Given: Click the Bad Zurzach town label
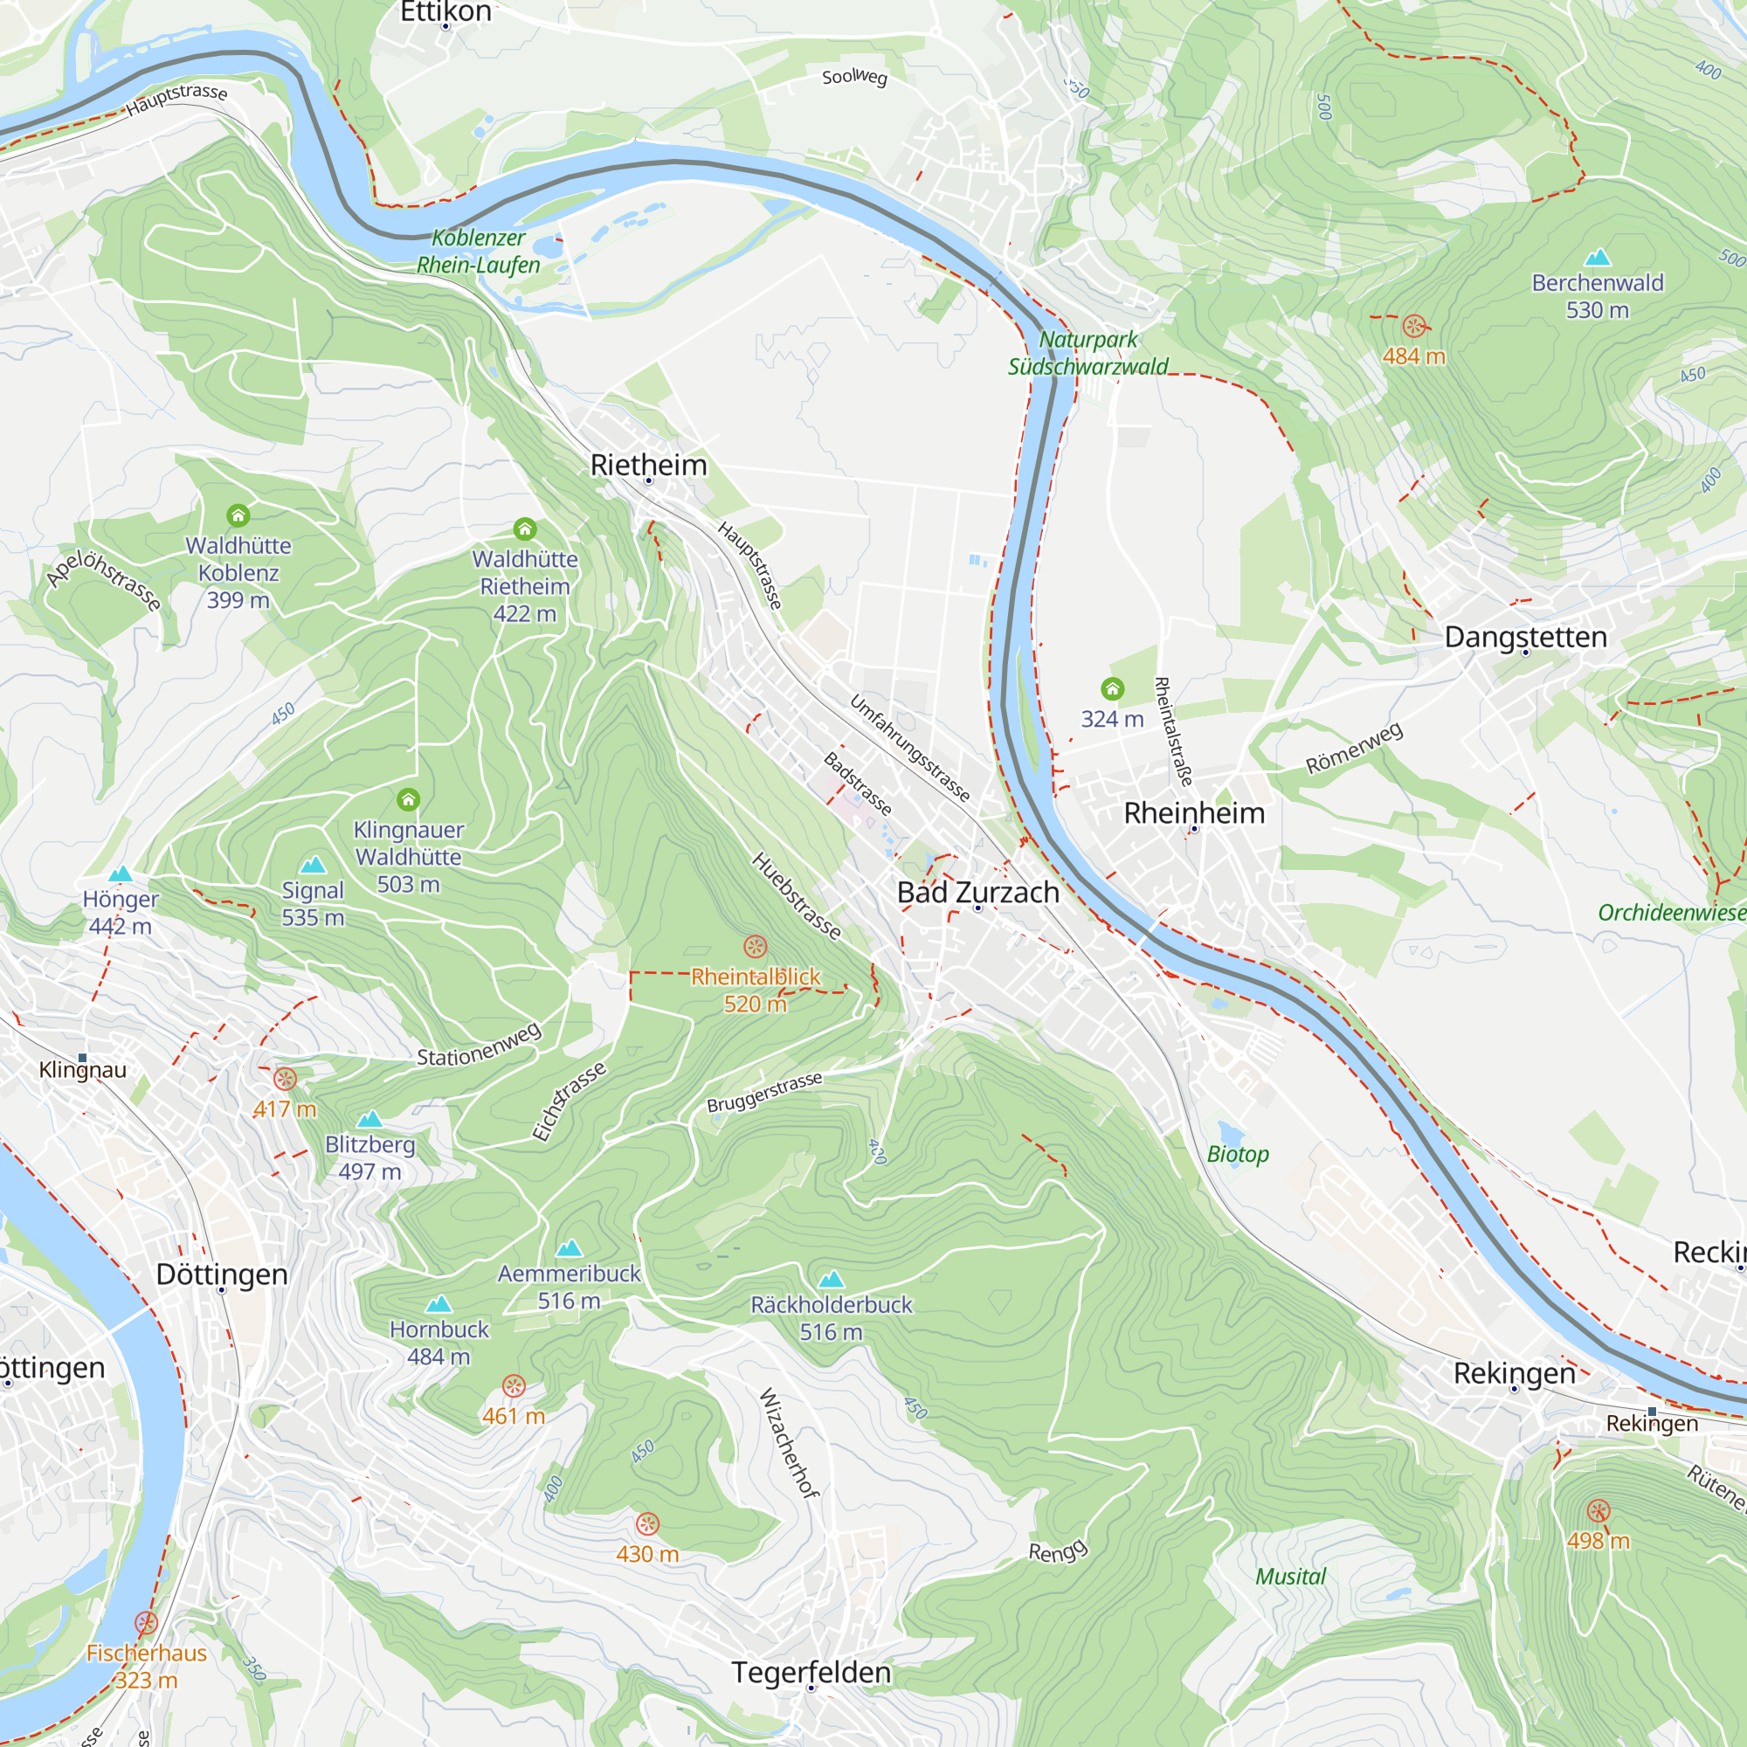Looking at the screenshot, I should click(x=977, y=893).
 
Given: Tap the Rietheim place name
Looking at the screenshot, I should click(x=648, y=465).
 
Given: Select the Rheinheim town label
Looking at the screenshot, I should click(x=1193, y=813).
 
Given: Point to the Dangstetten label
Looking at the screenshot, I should click(x=1525, y=637).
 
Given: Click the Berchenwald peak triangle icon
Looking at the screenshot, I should click(x=1598, y=258).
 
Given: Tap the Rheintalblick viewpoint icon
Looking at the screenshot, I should click(x=755, y=947).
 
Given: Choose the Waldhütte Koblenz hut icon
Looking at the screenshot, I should click(x=238, y=515).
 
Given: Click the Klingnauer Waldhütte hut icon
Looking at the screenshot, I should click(x=408, y=799).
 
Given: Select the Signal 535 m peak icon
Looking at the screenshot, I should click(x=313, y=866).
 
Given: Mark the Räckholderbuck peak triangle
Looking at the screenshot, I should click(x=831, y=1280).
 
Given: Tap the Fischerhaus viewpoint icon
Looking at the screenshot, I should click(x=147, y=1623).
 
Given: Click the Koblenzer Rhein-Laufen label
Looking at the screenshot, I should click(x=479, y=252).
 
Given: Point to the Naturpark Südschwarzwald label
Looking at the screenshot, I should click(x=1088, y=353).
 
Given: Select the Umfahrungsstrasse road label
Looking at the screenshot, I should click(x=909, y=749).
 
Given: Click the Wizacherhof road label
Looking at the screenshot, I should click(x=790, y=1443).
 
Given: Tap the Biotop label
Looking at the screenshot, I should click(x=1238, y=1155).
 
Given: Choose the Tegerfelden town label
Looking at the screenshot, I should click(x=811, y=1673).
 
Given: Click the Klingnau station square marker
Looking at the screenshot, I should click(x=82, y=1057).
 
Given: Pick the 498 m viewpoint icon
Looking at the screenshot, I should click(x=1598, y=1511).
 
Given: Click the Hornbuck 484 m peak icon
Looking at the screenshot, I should click(x=438, y=1305).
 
